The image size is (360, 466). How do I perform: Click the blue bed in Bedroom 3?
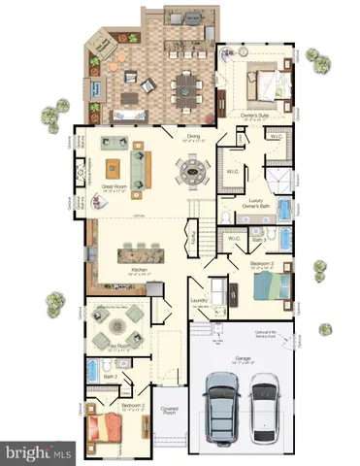click(x=272, y=287)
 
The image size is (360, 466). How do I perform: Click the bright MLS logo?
click(x=40, y=451)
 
